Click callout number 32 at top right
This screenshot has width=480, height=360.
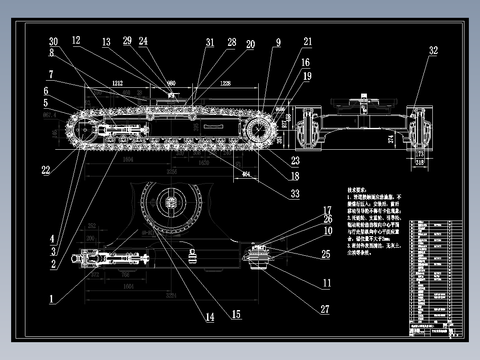(433, 51)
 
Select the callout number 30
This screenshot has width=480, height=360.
(53, 42)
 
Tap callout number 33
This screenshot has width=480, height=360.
(294, 194)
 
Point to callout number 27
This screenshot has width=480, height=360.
(325, 309)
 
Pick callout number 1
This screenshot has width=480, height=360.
(52, 299)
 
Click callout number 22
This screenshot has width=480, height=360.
(45, 170)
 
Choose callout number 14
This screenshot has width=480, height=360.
(209, 317)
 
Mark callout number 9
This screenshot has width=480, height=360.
(278, 43)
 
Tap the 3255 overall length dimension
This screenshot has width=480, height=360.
(172, 172)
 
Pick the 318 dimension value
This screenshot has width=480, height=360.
(419, 163)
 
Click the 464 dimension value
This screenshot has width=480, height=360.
(246, 175)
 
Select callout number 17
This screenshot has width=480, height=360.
(327, 210)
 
